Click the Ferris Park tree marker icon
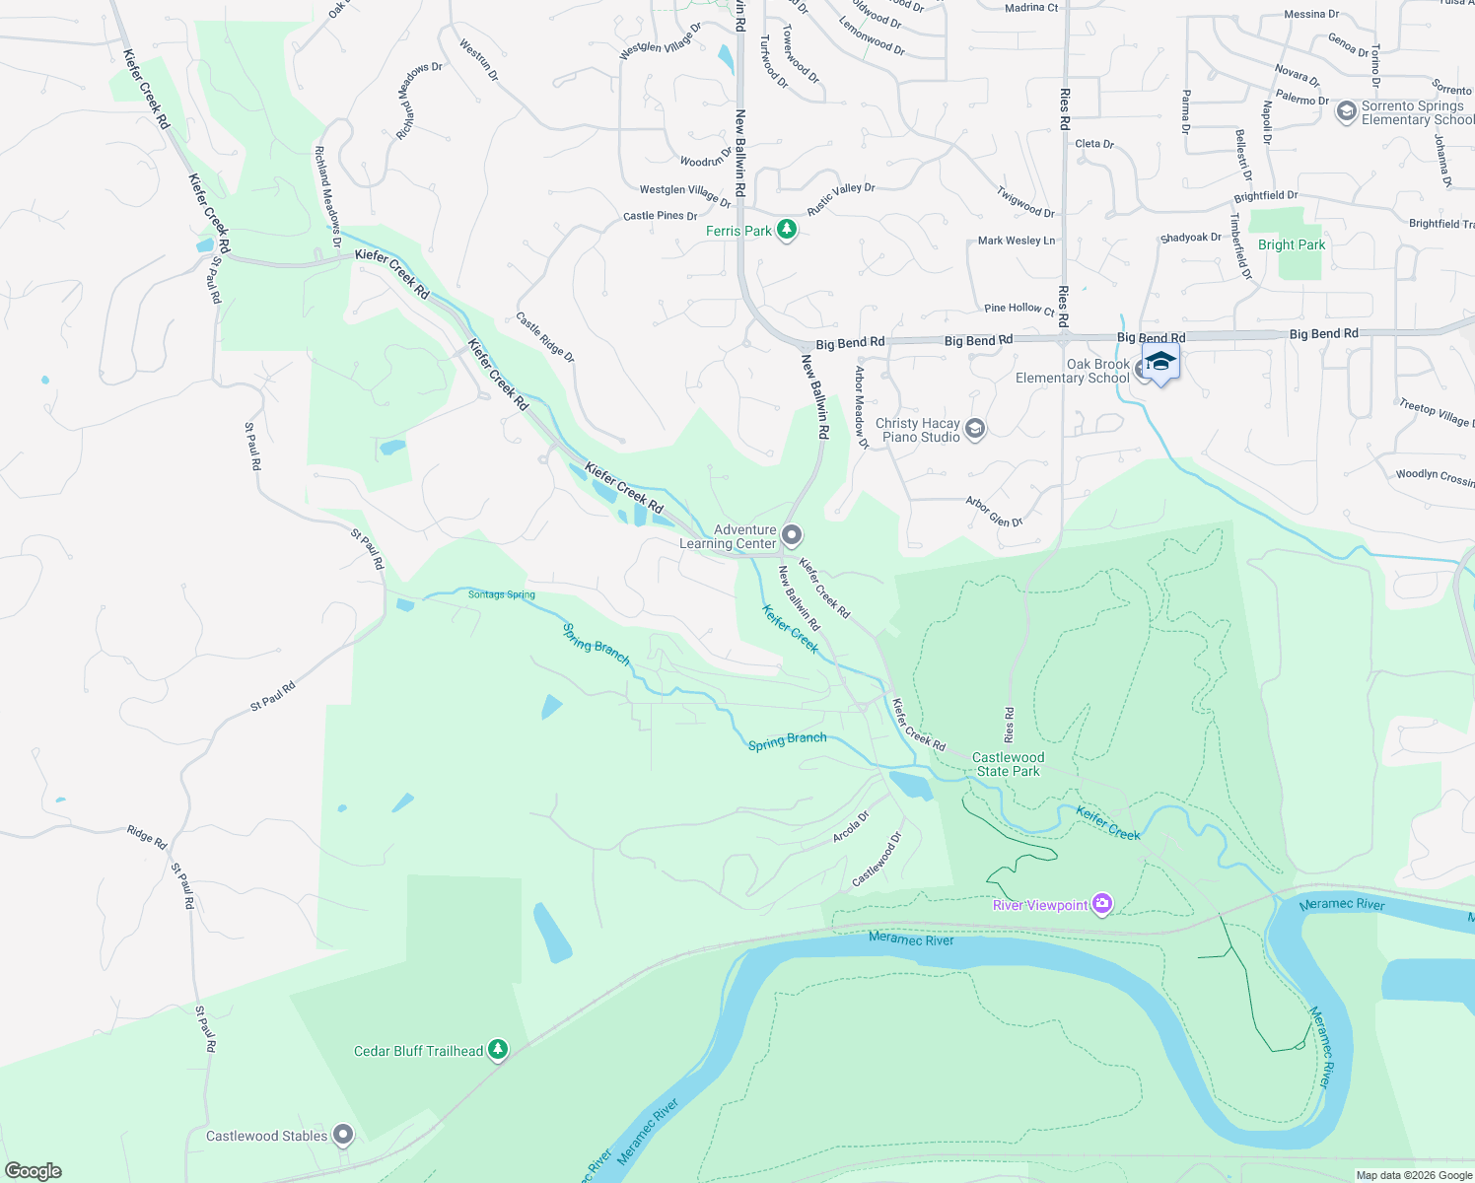786,230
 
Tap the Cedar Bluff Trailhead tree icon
498,1050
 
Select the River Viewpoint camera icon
1102,904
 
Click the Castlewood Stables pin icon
343,1136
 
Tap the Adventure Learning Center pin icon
792,535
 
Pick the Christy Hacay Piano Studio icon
975,429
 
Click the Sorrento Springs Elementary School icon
1346,111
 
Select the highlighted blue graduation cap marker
1160,363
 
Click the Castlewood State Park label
1008,764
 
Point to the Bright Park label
1292,244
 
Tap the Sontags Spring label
501,594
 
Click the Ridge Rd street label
147,837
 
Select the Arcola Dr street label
851,826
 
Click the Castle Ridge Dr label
545,337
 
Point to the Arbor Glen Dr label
994,512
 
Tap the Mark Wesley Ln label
1016,241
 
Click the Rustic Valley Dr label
841,199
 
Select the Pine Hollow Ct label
1018,309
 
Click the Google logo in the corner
34,1171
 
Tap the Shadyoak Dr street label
1190,238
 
